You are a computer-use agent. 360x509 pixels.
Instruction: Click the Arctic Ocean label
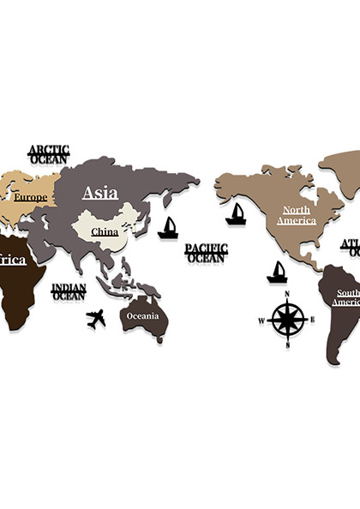point(49,153)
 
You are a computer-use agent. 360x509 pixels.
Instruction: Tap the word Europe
point(29,198)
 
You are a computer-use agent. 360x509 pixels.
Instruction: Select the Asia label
point(100,193)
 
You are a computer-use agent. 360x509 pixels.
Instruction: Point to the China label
point(105,231)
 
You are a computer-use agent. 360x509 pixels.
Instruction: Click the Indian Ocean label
point(69,292)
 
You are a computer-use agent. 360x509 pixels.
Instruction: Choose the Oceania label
point(143,315)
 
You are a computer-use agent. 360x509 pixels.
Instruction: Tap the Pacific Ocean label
point(206,252)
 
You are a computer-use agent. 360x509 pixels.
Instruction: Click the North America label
point(297,215)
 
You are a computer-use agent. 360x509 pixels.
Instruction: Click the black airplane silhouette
point(96,319)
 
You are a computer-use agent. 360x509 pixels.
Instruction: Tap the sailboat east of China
point(168,228)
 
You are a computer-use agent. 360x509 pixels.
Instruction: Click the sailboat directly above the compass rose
point(276,272)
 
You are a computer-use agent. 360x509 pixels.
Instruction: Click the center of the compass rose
point(286,320)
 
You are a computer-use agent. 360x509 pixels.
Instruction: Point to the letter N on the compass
point(286,294)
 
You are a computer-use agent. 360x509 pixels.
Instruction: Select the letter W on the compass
point(261,321)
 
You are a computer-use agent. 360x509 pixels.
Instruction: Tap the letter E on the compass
point(312,320)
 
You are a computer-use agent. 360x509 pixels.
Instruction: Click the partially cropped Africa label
point(12,260)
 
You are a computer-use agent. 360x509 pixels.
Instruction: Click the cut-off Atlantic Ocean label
point(351,248)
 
